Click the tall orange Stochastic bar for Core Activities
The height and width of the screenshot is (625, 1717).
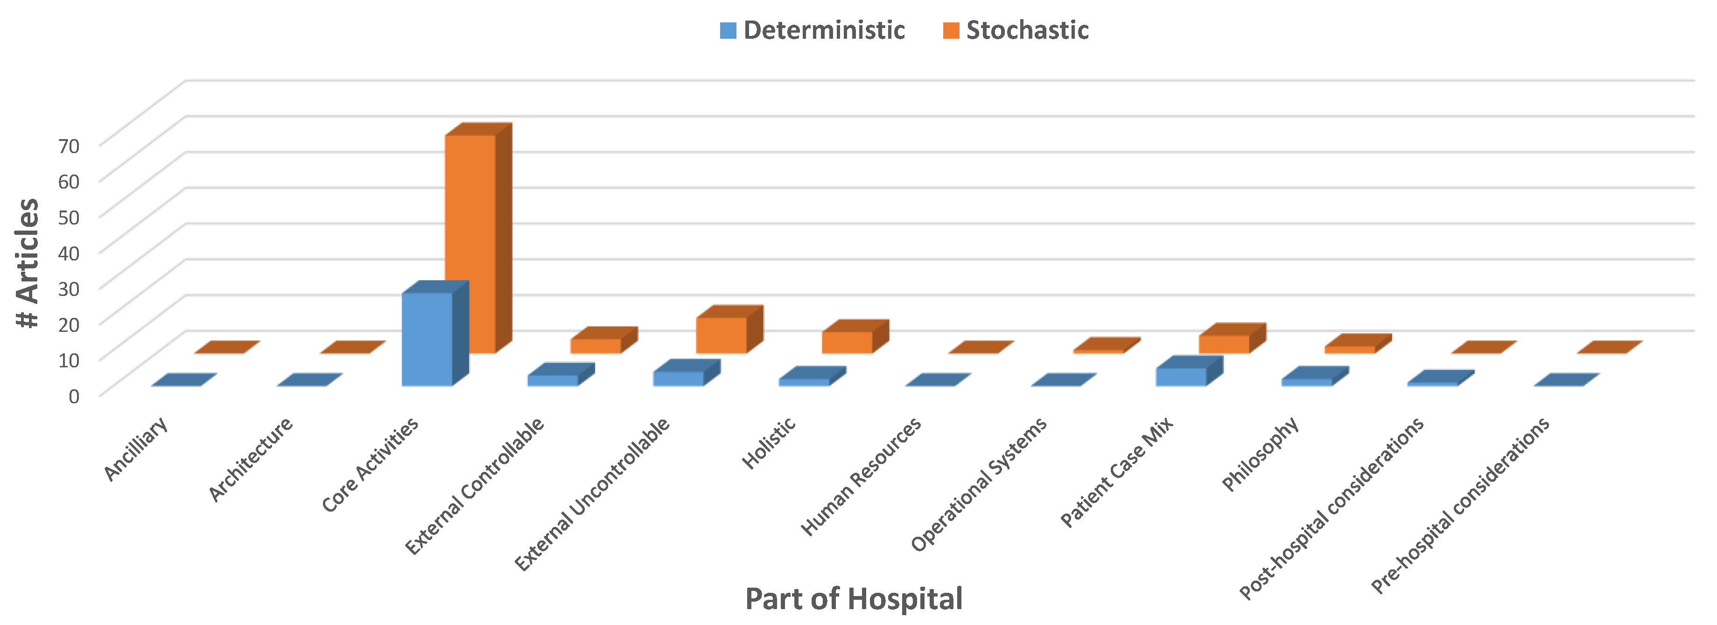pos(470,243)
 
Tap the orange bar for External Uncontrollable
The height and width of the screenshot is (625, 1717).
pos(721,335)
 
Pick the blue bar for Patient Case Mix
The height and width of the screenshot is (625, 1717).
pos(1181,377)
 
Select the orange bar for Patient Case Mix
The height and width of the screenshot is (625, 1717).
pos(1224,344)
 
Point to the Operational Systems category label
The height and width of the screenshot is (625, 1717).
pos(979,485)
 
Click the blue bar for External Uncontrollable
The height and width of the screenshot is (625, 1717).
pos(678,379)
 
